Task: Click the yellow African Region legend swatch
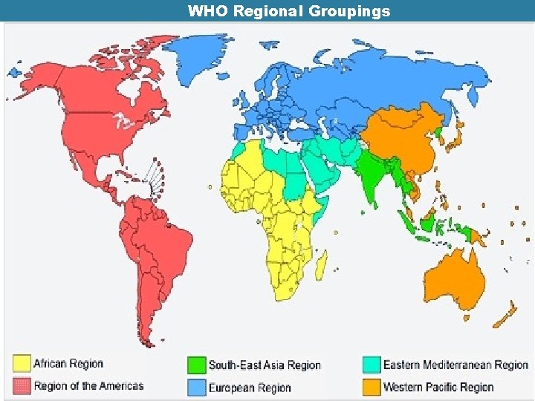coord(22,364)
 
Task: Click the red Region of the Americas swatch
coord(22,386)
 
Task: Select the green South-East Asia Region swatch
coord(196,365)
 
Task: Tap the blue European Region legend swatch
coord(196,387)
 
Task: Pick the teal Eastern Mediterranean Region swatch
coord(372,365)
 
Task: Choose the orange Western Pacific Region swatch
coord(372,387)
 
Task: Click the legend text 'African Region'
coord(68,364)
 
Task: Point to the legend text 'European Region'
coord(250,388)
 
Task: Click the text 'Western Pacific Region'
coord(438,387)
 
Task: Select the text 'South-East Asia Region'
coord(265,365)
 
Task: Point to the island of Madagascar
coord(321,263)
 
